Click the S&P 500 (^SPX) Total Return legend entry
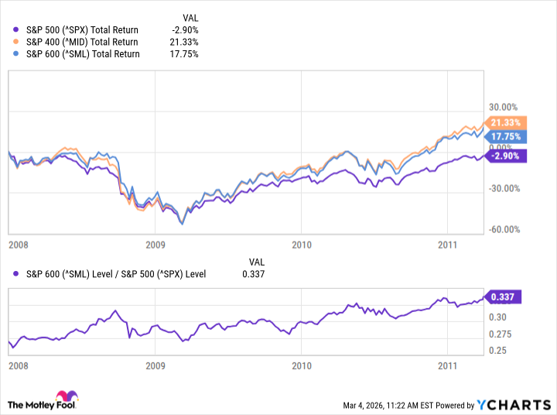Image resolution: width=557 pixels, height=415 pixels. [77, 29]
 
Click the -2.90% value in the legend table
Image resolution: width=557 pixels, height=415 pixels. [186, 29]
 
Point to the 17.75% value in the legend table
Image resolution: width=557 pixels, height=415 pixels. [185, 54]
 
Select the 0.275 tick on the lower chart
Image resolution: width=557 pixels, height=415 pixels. [499, 334]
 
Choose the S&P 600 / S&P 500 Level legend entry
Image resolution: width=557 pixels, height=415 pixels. [116, 273]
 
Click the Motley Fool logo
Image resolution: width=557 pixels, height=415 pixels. [44, 403]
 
